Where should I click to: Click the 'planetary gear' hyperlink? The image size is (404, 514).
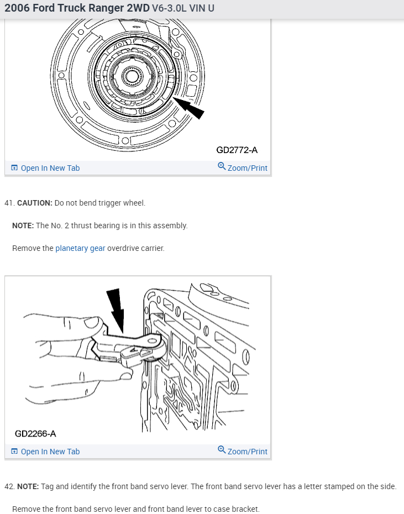[x=80, y=248]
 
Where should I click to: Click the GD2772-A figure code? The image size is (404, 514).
[x=237, y=150]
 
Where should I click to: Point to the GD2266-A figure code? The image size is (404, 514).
[x=35, y=433]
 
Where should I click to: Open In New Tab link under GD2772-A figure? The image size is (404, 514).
[x=50, y=168]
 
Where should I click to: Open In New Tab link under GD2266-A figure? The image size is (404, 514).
[x=50, y=452]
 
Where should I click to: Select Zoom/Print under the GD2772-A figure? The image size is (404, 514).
[x=247, y=168]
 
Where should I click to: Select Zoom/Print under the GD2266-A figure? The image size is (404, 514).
[x=247, y=452]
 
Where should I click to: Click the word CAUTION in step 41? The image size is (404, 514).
[x=35, y=203]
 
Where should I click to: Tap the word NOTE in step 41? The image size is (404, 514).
[x=23, y=225]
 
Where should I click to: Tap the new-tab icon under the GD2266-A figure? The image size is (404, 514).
[x=15, y=452]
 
